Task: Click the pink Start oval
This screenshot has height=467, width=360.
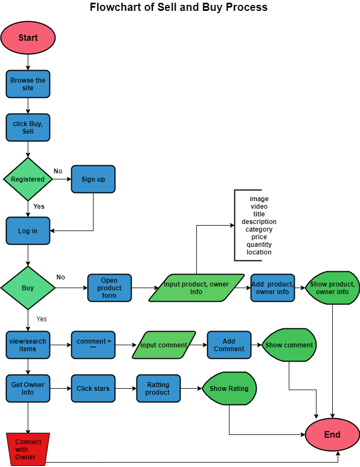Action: pos(28,38)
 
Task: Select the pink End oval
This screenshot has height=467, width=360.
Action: pos(332,434)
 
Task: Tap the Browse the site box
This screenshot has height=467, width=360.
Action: pos(28,84)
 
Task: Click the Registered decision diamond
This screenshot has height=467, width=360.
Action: pos(28,179)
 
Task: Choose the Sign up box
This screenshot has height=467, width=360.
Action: pos(93,179)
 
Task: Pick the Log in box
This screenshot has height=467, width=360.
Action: pos(28,231)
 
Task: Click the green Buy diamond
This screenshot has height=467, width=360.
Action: pos(28,288)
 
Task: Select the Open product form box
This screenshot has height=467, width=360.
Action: pos(109,288)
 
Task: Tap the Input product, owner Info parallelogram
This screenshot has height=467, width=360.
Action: pos(196,288)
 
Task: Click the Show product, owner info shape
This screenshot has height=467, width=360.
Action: pos(332,288)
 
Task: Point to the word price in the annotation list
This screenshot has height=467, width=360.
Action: pos(259,237)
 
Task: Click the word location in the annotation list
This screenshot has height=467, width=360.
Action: pos(259,252)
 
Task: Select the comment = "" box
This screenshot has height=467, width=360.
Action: pos(93,345)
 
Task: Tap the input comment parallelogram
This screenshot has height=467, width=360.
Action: pos(164,345)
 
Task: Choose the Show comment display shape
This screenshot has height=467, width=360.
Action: pos(289,345)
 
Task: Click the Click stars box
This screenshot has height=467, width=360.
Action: pos(93,389)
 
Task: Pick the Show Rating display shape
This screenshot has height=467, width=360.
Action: pos(229,389)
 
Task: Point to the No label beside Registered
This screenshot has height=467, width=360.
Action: pos(58,171)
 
